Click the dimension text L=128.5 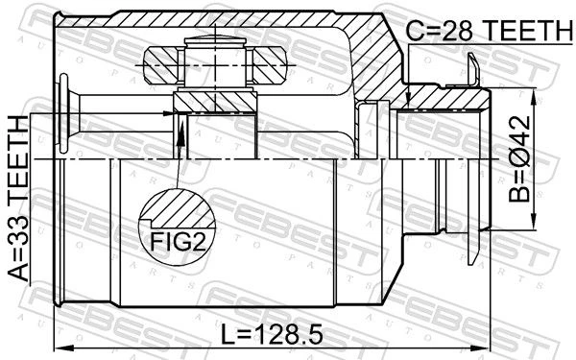[272, 334]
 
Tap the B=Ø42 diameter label [519, 159]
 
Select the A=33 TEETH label [18, 199]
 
